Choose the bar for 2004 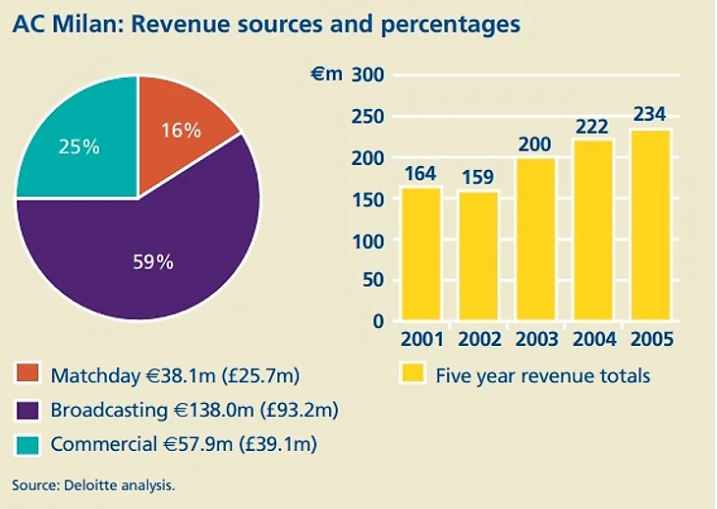click(x=592, y=230)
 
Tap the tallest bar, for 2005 click(x=649, y=225)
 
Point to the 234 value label click(x=649, y=115)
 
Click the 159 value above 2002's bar click(x=478, y=178)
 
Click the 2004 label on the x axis click(x=592, y=340)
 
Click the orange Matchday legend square click(x=27, y=374)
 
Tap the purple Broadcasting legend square click(x=27, y=409)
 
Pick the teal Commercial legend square click(x=27, y=444)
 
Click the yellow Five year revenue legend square click(x=413, y=374)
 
